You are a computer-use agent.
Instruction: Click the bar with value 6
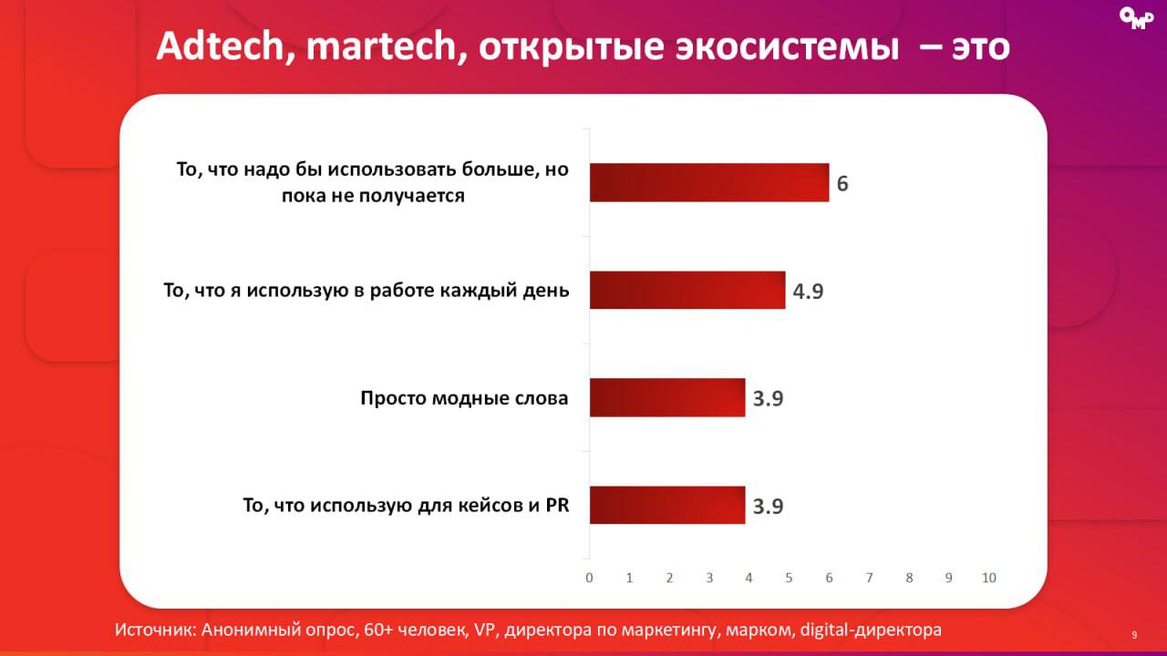[709, 182]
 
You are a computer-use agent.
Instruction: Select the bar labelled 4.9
[687, 290]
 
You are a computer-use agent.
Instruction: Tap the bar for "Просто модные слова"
[667, 397]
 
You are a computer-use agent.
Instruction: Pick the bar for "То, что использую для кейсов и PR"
[667, 505]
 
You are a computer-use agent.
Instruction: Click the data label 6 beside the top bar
[842, 183]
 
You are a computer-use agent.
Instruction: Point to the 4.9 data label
[808, 292]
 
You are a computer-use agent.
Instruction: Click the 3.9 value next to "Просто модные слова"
[768, 399]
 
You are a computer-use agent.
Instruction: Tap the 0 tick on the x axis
[590, 578]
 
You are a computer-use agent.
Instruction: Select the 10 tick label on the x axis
[988, 578]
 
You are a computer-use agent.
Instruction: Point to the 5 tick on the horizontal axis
[790, 578]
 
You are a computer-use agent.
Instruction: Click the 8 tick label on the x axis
[909, 578]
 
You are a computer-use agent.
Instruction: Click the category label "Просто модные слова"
[464, 398]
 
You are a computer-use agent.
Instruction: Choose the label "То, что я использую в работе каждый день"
[366, 291]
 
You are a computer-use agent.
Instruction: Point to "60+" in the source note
[384, 630]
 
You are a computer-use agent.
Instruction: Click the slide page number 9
[1134, 634]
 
